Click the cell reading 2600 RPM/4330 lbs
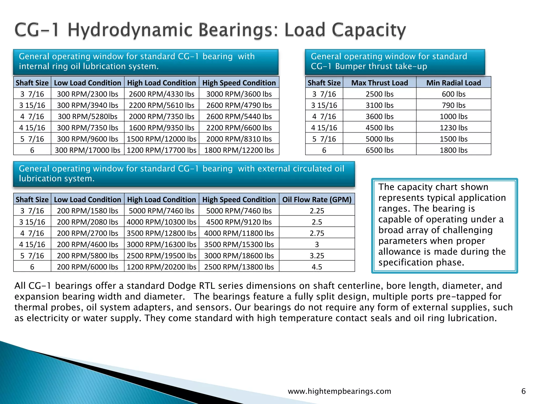[x=162, y=94]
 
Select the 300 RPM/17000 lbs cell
[x=87, y=150]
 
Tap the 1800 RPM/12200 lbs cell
[x=239, y=150]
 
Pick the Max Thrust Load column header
[x=380, y=83]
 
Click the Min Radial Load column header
[x=453, y=83]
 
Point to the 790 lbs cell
[x=453, y=105]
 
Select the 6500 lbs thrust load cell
[x=380, y=150]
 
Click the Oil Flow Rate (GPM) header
[x=317, y=200]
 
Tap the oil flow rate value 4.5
[x=317, y=267]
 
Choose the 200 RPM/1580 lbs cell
[x=87, y=211]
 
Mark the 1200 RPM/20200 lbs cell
[x=162, y=267]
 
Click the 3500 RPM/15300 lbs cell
[x=239, y=244]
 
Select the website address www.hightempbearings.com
[x=340, y=391]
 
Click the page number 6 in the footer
[x=523, y=391]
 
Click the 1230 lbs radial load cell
[x=453, y=128]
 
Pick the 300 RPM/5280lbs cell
[x=87, y=117]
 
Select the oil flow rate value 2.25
[x=317, y=211]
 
